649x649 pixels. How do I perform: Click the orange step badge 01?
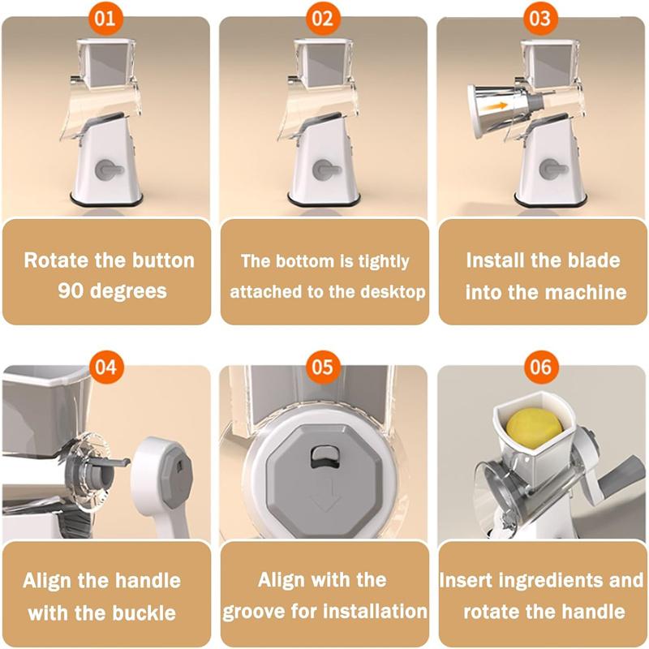(x=105, y=19)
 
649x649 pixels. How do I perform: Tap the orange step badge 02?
(x=323, y=19)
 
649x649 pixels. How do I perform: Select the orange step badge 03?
(x=540, y=19)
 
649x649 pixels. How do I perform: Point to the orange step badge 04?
(x=105, y=367)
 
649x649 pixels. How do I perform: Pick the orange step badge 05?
(x=323, y=367)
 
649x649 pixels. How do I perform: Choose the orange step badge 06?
(x=540, y=367)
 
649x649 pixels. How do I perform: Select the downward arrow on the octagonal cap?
(x=324, y=501)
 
